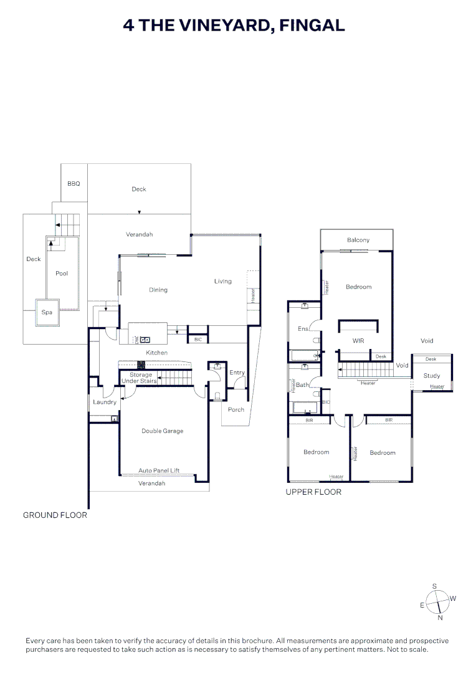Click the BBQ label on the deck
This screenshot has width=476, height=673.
[74, 184]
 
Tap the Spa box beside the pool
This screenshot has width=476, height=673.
[47, 312]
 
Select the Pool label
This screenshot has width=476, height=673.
[62, 274]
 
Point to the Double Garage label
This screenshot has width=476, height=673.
[162, 431]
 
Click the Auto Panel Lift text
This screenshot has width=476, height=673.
[159, 470]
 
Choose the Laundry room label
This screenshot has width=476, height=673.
[105, 402]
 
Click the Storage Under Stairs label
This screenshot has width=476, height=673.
[140, 378]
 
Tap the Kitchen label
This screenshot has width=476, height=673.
[156, 353]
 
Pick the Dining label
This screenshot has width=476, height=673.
[158, 290]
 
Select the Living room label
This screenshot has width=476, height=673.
[222, 281]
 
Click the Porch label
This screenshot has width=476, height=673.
[236, 409]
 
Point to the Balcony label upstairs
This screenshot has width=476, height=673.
[358, 240]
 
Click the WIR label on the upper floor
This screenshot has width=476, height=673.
[358, 341]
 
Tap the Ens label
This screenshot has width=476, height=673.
[303, 328]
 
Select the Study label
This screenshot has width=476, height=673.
[432, 376]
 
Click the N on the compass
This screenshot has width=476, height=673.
[440, 618]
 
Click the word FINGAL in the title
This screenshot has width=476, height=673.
[312, 25]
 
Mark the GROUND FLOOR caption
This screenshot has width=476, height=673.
[55, 515]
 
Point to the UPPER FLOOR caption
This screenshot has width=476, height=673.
[313, 492]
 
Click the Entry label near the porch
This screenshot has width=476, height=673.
[237, 373]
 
